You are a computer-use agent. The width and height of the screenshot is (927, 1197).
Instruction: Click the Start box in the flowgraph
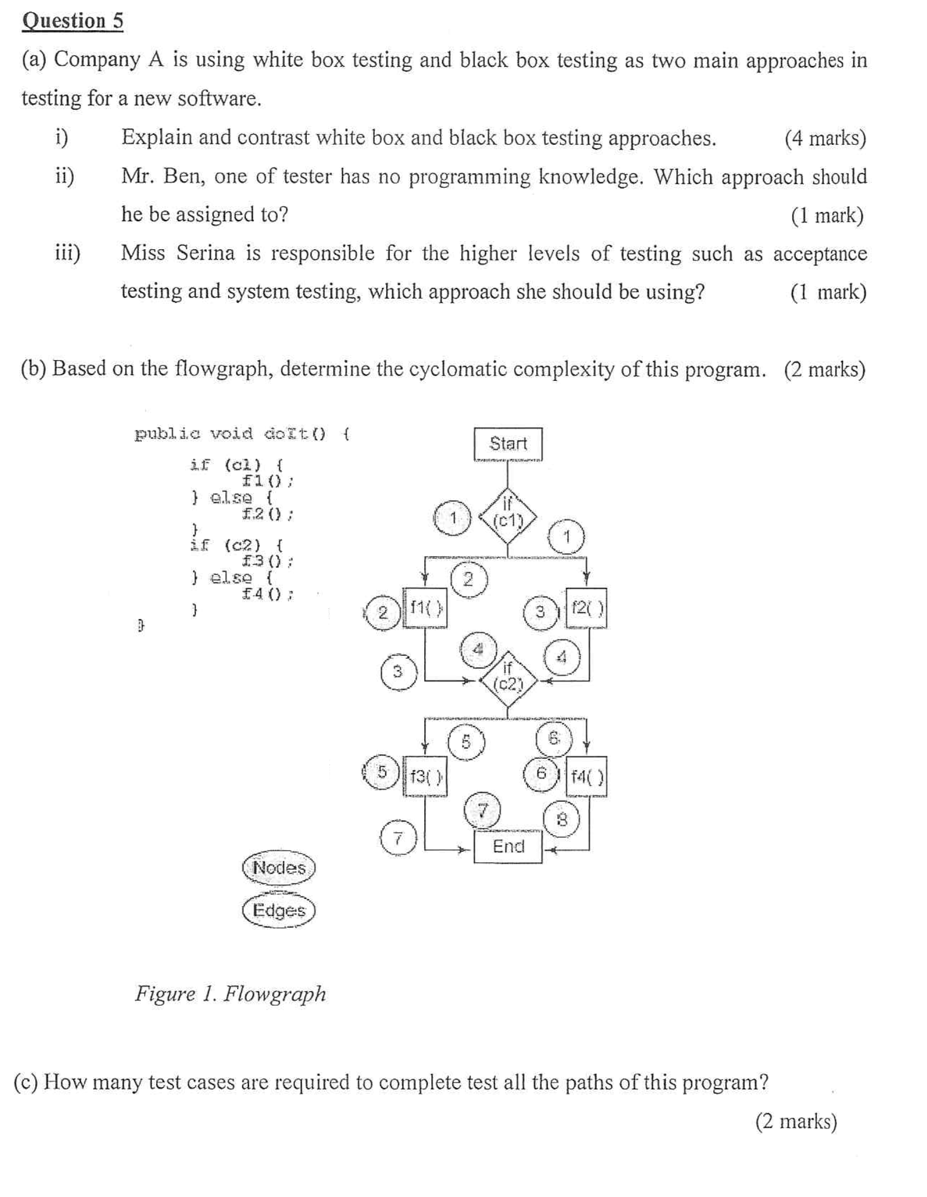(508, 444)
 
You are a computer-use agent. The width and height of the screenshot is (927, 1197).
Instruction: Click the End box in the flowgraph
(508, 846)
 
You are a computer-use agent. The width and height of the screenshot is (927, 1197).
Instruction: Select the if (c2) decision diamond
(508, 681)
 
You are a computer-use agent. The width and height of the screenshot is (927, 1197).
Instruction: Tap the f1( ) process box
(425, 608)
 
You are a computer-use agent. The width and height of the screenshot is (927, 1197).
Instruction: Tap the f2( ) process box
(586, 608)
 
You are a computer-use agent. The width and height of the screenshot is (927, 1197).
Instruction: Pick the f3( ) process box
(425, 776)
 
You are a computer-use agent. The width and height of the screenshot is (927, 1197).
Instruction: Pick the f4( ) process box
(586, 776)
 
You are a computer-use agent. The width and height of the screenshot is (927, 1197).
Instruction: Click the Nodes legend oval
(278, 868)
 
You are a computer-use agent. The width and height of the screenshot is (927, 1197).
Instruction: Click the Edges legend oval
(278, 911)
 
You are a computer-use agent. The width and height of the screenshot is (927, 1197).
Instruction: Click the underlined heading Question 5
(73, 21)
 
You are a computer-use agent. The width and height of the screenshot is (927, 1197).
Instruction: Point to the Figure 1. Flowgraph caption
(231, 994)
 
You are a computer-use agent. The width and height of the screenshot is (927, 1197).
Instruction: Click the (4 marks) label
(825, 138)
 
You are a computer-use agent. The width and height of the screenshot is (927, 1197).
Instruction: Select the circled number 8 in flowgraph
(561, 820)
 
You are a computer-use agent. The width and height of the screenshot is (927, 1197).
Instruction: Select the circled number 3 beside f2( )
(540, 612)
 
